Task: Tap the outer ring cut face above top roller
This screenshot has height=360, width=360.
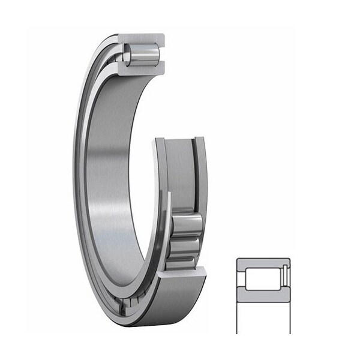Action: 143,38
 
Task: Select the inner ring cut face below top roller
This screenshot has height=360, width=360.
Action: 144,70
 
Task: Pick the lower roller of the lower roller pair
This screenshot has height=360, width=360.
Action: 184,250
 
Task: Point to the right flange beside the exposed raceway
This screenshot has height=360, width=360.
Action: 200,174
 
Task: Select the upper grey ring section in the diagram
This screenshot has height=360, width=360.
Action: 263,263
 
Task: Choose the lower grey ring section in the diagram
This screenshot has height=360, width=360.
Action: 263,296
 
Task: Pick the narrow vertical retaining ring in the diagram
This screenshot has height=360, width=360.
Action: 286,279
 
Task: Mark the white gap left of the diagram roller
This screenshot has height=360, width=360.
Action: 242,279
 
